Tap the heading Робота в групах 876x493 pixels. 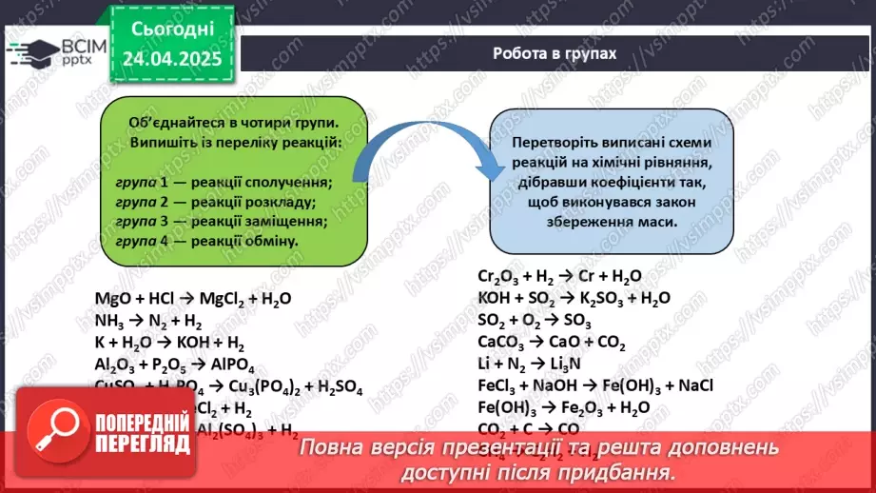[x=555, y=53]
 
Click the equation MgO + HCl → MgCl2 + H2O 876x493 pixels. [x=193, y=299]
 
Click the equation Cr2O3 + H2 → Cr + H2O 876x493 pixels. [x=559, y=277]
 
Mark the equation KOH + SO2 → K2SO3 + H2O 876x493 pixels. [x=574, y=299]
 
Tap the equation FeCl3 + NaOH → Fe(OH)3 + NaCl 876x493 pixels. [x=595, y=386]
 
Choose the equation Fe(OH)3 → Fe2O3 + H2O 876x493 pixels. [x=564, y=408]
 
